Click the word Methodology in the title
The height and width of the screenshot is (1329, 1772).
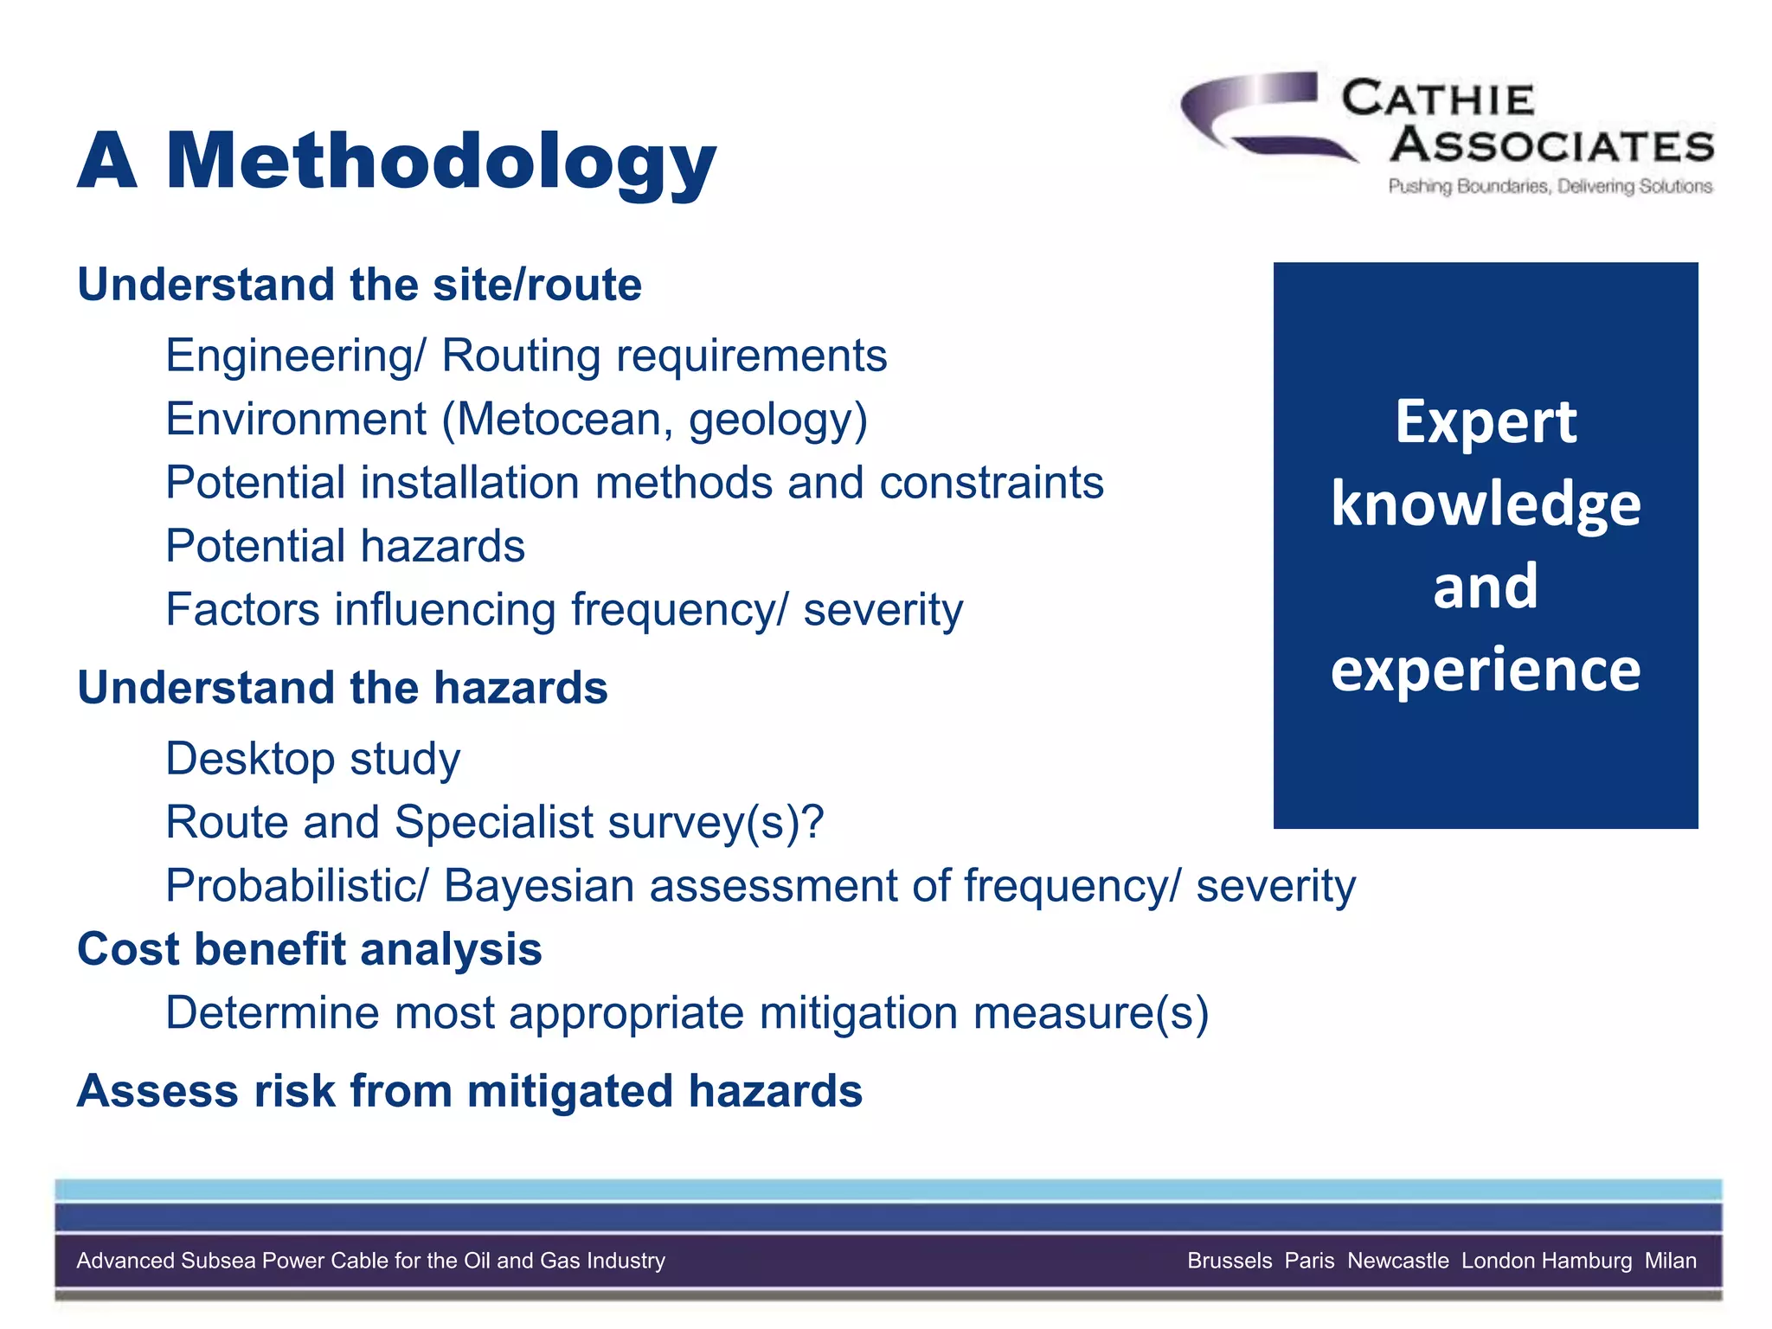pos(441,163)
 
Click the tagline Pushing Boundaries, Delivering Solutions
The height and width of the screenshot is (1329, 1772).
pos(1550,186)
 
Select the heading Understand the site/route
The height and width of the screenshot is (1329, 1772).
pos(359,285)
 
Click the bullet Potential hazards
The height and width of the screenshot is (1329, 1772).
pos(345,546)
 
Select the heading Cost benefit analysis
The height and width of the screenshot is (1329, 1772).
pos(309,949)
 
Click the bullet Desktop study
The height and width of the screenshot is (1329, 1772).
pos(312,759)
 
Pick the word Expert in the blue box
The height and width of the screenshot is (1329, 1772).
pos(1485,423)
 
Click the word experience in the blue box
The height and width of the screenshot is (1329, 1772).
pos(1485,671)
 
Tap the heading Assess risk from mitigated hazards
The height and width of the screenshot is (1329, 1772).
pos(469,1090)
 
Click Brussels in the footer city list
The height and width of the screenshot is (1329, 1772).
pos(1229,1261)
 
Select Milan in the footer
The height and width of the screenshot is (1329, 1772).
pos(1670,1261)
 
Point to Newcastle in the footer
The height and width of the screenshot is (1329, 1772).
pos(1397,1261)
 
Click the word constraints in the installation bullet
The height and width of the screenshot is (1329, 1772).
pos(992,483)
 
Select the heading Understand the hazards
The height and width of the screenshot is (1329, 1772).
pos(342,688)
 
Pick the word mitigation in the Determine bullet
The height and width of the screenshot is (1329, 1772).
pos(858,1013)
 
